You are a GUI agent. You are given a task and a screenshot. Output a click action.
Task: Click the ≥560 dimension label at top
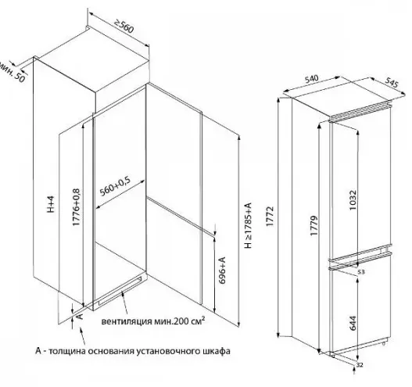pos(124,27)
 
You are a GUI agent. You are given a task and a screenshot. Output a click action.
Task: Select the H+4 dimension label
pos(51,204)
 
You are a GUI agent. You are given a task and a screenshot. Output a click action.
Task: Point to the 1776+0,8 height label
pos(76,207)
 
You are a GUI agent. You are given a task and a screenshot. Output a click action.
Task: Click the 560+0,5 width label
pos(115,186)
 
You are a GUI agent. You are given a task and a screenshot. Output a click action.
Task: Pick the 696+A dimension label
pos(222,271)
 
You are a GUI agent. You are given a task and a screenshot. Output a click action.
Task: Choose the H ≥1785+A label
pos(248,225)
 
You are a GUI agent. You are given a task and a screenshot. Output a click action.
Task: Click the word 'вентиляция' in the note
pos(127,321)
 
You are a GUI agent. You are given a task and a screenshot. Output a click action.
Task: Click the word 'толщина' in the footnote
pos(68,351)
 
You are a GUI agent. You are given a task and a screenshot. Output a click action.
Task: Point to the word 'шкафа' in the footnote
pos(217,351)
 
